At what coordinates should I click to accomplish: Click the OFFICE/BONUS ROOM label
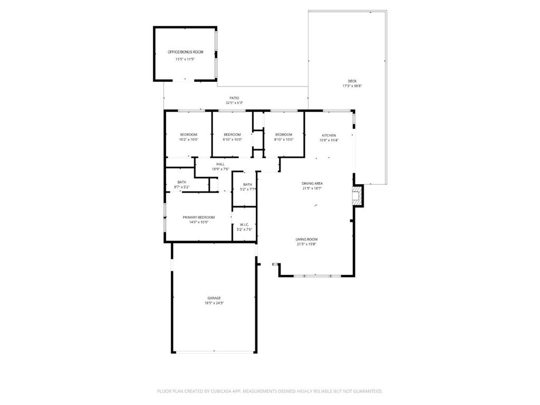185,52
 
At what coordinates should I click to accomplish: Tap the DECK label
352,81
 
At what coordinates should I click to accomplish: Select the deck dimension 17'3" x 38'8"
352,86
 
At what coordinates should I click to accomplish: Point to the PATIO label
234,98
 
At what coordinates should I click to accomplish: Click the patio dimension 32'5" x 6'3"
234,103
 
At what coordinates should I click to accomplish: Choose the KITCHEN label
329,135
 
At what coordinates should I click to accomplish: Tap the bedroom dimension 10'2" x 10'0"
188,140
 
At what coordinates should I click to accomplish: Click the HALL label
220,164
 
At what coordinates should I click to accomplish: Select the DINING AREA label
312,183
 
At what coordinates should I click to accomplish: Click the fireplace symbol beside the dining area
358,195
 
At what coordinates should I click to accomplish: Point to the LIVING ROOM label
306,239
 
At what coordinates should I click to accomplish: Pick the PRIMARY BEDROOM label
199,217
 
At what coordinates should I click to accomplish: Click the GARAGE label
214,298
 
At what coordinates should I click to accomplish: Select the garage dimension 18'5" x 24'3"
214,303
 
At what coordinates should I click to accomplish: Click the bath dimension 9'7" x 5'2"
181,187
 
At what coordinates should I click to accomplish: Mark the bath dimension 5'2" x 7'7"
248,189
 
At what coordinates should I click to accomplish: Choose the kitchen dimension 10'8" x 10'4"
329,140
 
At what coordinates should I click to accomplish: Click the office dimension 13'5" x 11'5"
185,59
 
